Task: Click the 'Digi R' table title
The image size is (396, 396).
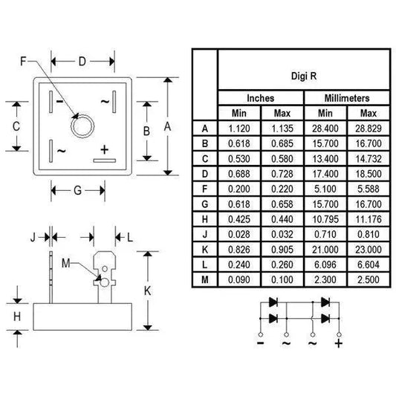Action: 303,76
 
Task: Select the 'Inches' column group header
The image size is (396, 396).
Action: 260,98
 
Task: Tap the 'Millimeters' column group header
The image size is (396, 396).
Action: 347,98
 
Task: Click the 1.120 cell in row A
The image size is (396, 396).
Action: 239,128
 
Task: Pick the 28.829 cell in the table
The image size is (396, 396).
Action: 368,128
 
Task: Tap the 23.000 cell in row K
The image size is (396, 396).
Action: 368,249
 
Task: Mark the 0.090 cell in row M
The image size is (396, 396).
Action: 239,279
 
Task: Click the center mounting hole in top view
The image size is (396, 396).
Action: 81,126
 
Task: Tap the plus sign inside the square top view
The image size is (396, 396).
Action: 104,147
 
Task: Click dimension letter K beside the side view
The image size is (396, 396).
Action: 147,291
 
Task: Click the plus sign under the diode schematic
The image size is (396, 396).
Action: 339,343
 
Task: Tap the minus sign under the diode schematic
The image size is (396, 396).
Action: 261,343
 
